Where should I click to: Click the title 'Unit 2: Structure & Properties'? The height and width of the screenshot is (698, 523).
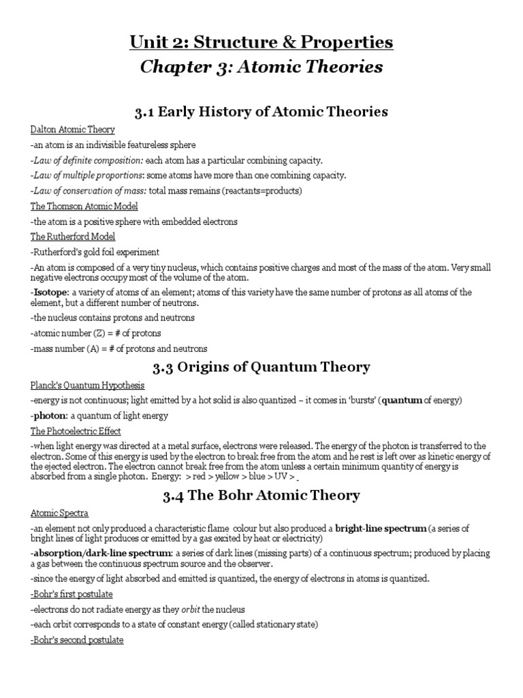261,42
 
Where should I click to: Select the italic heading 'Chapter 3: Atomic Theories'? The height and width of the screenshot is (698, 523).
261,67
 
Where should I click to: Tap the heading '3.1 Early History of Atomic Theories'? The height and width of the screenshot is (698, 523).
261,111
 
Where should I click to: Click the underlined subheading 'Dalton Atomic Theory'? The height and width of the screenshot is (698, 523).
73,130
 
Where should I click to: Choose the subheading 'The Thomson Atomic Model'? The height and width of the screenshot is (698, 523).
84,207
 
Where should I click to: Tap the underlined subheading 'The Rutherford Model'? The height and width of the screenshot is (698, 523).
73,237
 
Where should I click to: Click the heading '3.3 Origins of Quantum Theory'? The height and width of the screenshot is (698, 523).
261,367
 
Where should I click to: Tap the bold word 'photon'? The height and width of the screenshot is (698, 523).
48,415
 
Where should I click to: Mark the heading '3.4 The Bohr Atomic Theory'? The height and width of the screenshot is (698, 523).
261,495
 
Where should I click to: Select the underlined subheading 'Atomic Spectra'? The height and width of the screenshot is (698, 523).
59,513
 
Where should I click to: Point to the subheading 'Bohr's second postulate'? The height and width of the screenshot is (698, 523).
77,641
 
